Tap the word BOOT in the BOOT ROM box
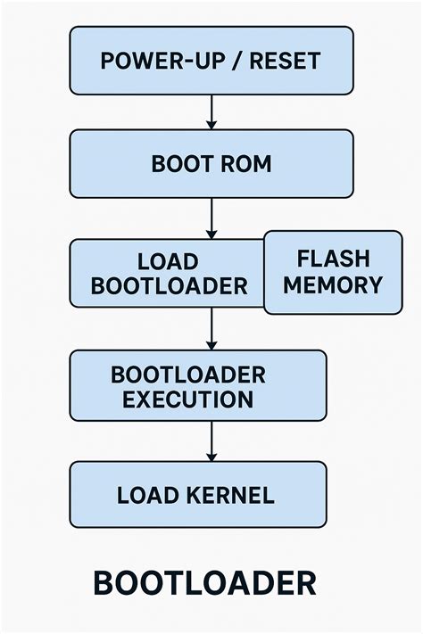(179, 165)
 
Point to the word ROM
(243, 165)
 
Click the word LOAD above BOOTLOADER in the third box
(168, 262)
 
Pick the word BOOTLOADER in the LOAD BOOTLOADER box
(169, 286)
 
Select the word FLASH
(333, 259)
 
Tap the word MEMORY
(333, 285)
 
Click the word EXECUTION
(187, 399)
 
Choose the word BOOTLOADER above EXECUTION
(187, 375)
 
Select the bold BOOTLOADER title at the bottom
(204, 583)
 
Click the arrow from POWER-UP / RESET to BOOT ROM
(211, 111)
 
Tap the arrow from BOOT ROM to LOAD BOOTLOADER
(211, 218)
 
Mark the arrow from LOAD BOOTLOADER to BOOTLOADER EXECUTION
(211, 328)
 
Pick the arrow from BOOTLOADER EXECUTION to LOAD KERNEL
(211, 441)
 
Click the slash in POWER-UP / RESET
(236, 62)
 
